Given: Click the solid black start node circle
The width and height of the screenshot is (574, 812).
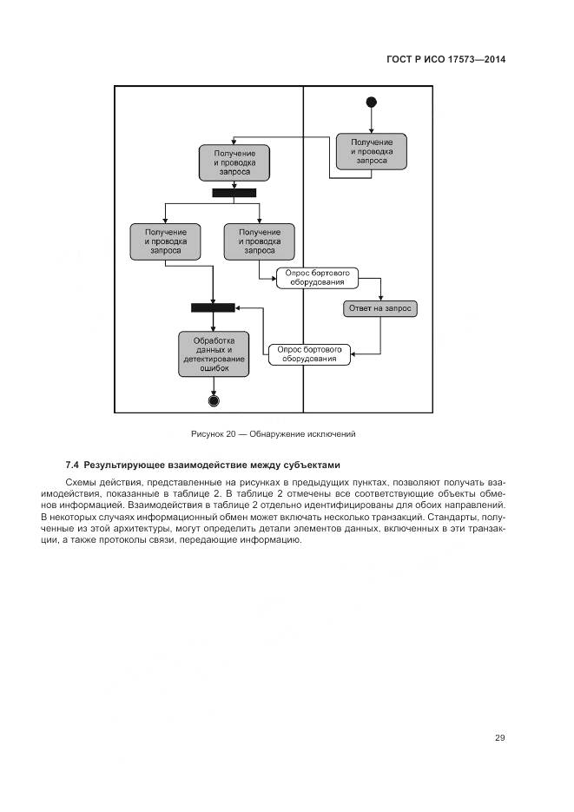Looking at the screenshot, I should (x=372, y=102).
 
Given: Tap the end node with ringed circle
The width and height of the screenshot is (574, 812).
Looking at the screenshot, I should (x=214, y=400).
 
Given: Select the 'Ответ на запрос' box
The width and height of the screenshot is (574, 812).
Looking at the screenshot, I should (x=379, y=308).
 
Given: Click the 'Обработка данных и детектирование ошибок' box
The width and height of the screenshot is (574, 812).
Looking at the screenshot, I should (x=214, y=353).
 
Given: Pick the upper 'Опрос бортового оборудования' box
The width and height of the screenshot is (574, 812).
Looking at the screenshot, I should (x=317, y=277).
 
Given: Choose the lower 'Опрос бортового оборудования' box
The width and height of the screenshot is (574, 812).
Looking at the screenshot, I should (x=309, y=353).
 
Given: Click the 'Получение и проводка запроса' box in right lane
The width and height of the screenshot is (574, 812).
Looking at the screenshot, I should (x=372, y=151).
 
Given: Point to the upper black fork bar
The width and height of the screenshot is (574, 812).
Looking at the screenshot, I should (x=234, y=193).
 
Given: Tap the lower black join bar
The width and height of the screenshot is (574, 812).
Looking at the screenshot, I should (x=214, y=307).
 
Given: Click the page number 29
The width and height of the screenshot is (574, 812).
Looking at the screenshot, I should (x=500, y=737).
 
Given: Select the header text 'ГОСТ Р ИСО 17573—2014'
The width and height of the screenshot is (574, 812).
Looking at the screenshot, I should (x=445, y=60).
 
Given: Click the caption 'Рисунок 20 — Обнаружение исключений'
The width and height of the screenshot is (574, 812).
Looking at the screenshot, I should (x=274, y=433).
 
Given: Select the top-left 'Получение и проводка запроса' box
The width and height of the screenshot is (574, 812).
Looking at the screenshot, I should (x=234, y=162).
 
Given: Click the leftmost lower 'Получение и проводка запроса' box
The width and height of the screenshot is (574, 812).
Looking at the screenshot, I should (x=166, y=241).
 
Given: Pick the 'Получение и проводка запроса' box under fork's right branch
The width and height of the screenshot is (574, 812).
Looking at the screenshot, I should (x=259, y=241).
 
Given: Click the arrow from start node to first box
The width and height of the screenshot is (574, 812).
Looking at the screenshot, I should (x=372, y=120).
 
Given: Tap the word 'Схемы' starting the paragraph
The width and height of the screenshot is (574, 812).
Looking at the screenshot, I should (x=81, y=481).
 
